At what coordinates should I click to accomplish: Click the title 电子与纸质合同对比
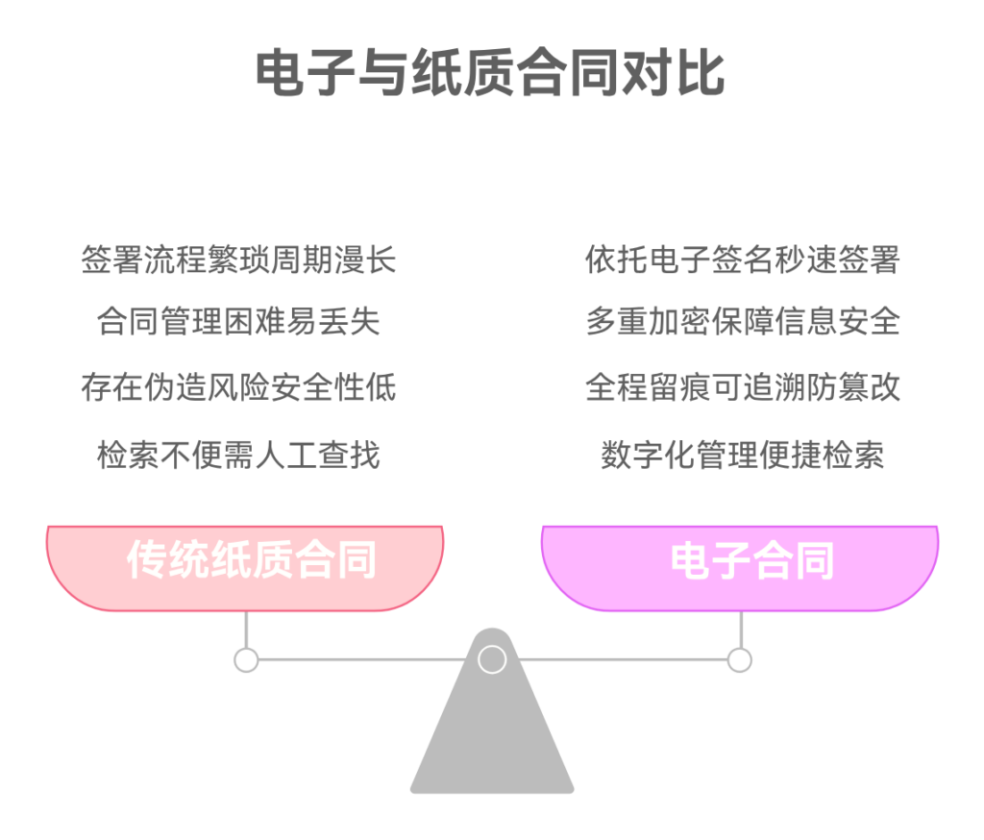pyautogui.click(x=491, y=74)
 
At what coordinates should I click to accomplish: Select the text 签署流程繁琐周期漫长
pyautogui.click(x=238, y=260)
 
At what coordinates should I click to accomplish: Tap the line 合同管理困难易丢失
pyautogui.click(x=238, y=321)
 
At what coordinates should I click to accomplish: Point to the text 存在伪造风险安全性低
pyautogui.click(x=238, y=387)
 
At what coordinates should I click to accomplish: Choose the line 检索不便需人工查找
pyautogui.click(x=238, y=454)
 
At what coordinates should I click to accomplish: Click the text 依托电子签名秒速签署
pyautogui.click(x=742, y=260)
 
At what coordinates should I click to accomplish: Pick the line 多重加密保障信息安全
pyautogui.click(x=742, y=321)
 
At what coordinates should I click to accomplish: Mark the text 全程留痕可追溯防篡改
pyautogui.click(x=742, y=387)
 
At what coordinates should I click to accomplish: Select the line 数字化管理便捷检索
pyautogui.click(x=742, y=454)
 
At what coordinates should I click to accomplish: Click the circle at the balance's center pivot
pyautogui.click(x=492, y=659)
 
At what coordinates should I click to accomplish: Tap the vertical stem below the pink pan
pyautogui.click(x=246, y=630)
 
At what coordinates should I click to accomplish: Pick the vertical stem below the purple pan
pyautogui.click(x=740, y=630)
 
